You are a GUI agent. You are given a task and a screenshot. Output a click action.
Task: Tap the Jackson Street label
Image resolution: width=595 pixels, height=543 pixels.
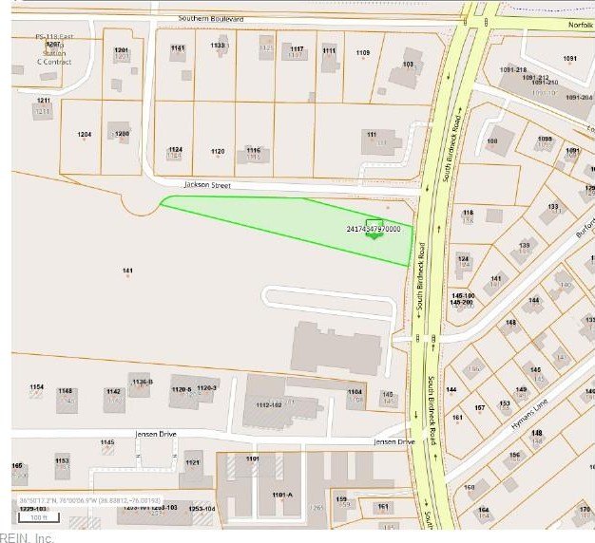207,185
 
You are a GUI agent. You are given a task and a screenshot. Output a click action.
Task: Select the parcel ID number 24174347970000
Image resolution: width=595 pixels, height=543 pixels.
374,229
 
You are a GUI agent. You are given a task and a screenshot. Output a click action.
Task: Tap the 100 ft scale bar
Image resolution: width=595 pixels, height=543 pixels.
39,517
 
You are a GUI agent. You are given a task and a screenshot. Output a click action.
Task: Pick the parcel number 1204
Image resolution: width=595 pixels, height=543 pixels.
85,135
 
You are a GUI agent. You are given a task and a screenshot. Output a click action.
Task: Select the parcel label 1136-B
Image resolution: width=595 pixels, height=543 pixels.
143,382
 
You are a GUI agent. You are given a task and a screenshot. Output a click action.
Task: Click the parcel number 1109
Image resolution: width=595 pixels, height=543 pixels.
363,52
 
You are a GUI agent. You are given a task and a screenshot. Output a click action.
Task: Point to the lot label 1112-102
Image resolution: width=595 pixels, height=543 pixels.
268,404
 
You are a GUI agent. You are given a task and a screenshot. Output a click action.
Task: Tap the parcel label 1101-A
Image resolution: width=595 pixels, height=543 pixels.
281,495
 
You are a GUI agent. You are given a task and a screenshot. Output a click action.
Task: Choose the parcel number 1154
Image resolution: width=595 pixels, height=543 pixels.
36,387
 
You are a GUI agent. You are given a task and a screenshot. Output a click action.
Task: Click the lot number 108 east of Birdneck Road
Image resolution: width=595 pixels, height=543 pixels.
492,141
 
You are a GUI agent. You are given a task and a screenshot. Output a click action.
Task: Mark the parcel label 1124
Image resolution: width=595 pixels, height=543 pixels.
175,149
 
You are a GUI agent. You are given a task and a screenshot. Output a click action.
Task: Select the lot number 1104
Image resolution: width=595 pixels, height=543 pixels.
355,392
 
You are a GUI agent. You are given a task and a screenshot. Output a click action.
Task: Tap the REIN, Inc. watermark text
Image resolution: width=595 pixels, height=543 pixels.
32,537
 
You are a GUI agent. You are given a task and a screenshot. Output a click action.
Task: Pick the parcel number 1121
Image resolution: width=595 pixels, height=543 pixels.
193,462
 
